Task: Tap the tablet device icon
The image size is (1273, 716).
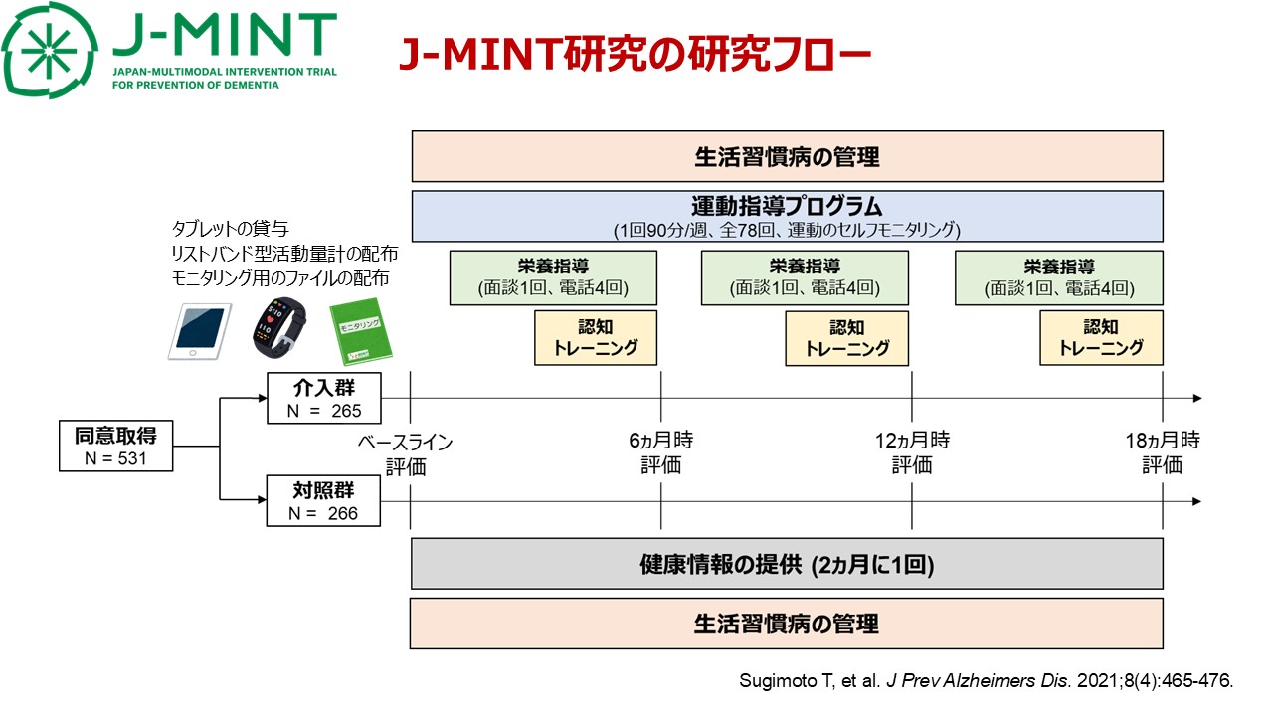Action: tap(199, 331)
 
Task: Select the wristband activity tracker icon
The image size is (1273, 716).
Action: tap(277, 326)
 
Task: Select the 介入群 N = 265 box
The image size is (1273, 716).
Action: tap(323, 398)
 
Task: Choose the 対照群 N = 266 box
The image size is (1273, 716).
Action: tap(323, 501)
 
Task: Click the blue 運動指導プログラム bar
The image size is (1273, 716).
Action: tap(787, 216)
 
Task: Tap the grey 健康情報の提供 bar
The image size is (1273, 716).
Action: tap(787, 565)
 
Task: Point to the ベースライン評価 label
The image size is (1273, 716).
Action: tap(406, 453)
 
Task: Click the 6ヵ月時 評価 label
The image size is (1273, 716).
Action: tap(661, 453)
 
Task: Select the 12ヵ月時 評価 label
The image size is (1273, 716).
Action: tap(912, 453)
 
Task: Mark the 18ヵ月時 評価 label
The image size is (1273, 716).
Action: tap(1163, 453)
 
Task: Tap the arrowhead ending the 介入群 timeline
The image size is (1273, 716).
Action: tap(1196, 398)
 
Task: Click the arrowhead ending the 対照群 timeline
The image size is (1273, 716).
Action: tap(1196, 501)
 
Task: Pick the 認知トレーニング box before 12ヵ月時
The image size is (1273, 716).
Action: tap(847, 338)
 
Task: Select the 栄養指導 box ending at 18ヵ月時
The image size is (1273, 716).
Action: tap(1059, 277)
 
